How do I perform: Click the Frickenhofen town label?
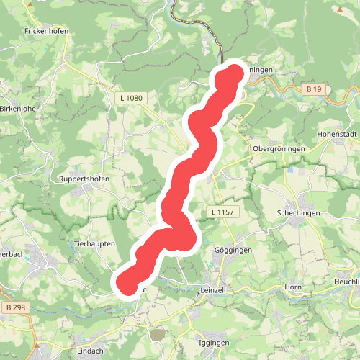45,32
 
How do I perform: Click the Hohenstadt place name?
337,135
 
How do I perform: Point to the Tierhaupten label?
94,244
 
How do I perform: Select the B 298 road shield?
13,308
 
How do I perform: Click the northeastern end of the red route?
234,73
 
